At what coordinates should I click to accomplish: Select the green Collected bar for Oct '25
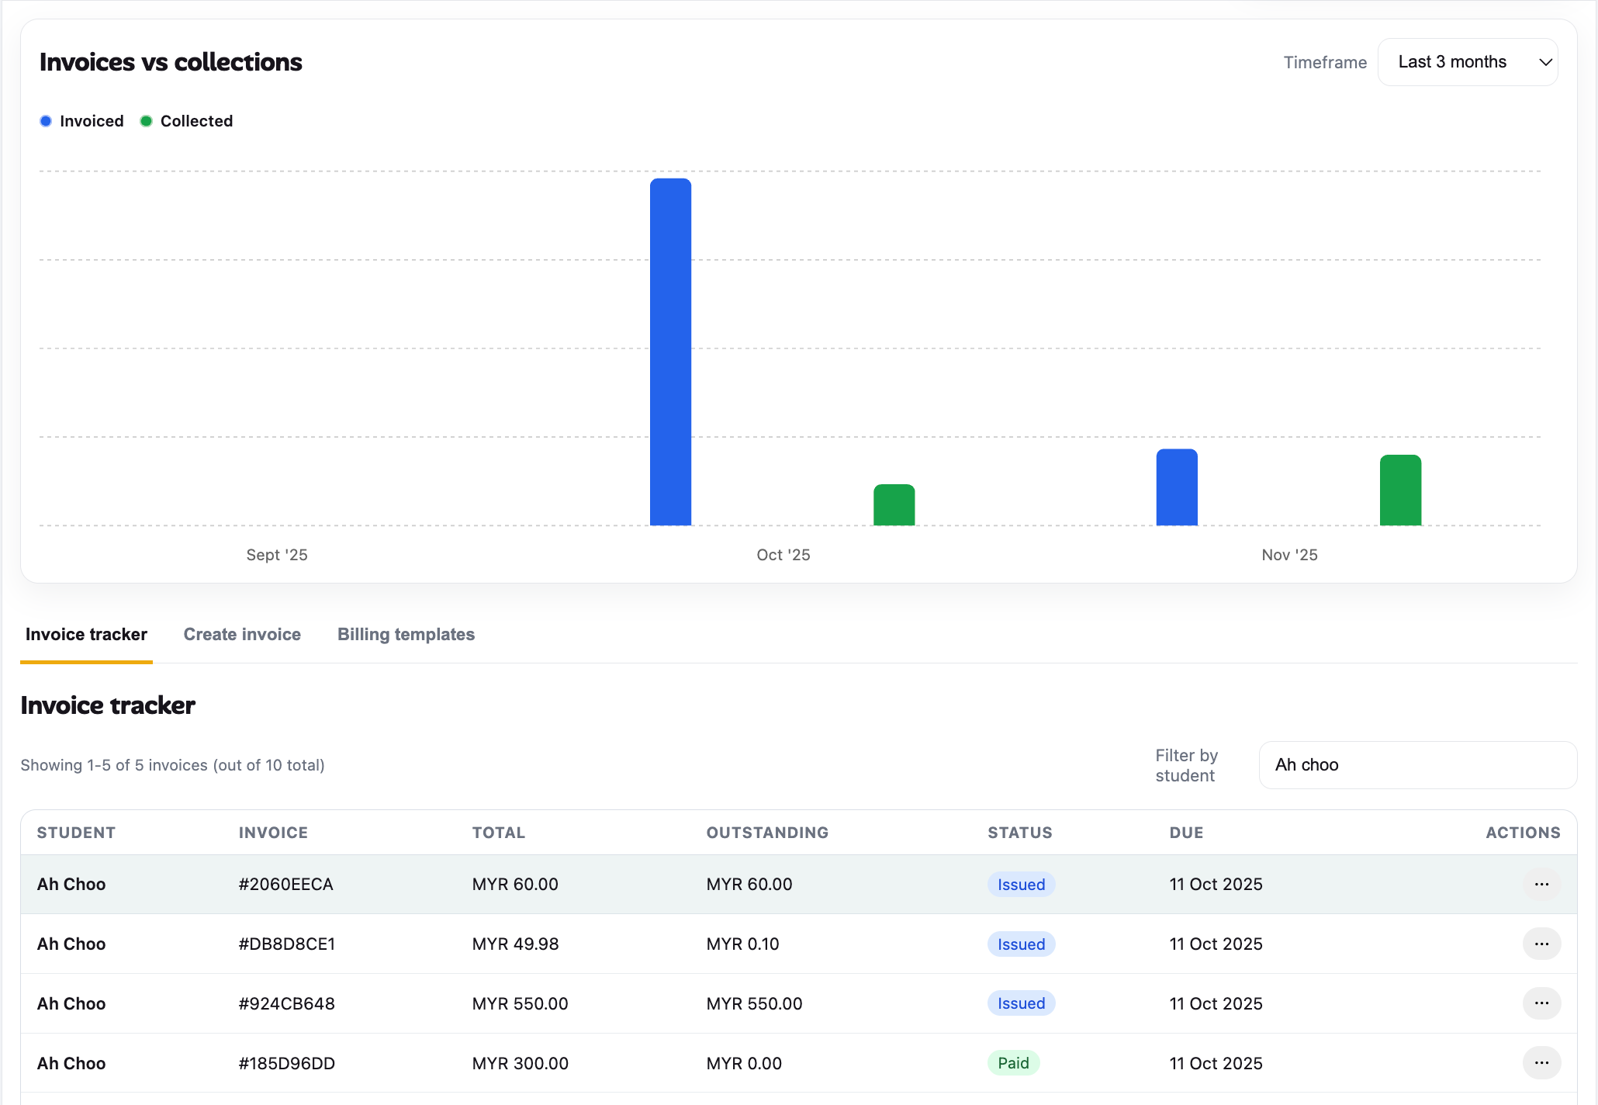coord(894,505)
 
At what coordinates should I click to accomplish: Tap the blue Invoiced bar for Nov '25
coord(1176,487)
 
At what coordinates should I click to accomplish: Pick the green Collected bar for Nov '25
coord(1400,490)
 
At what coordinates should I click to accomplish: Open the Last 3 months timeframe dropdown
coord(1467,62)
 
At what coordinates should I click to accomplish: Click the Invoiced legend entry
coord(82,121)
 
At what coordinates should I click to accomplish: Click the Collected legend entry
coord(187,121)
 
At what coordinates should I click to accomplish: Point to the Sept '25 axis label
coord(277,555)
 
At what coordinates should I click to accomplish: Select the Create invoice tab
coord(242,634)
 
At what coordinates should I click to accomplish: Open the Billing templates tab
coord(406,634)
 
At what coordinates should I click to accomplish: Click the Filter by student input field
coord(1416,765)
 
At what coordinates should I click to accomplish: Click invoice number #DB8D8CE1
coord(287,944)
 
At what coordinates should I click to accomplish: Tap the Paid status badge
coord(1013,1063)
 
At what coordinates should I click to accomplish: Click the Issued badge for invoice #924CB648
coord(1021,1003)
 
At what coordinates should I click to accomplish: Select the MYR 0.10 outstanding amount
coord(742,944)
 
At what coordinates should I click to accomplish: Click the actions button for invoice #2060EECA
coord(1541,885)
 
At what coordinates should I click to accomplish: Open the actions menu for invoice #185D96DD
coord(1541,1063)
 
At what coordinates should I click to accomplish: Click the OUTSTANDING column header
coord(766,833)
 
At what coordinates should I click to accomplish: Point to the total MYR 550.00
coord(520,1003)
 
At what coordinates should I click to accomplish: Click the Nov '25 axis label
coord(1289,555)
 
